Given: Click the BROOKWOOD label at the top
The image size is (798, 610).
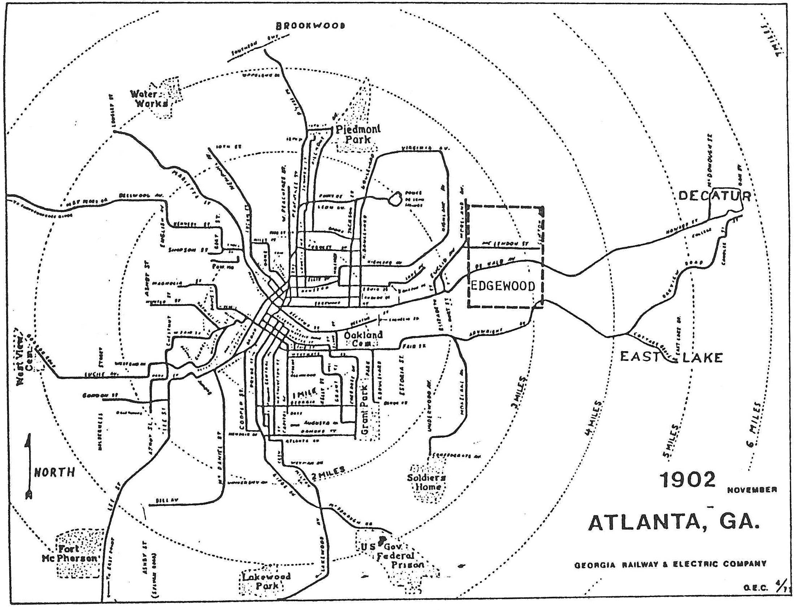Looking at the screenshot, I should (310, 26).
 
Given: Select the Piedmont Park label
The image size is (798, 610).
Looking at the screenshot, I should (358, 134).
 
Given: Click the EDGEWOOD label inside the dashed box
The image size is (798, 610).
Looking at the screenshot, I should (502, 286).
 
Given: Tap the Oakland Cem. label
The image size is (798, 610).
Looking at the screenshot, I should (363, 339).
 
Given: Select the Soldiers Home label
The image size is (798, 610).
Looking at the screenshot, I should (426, 482).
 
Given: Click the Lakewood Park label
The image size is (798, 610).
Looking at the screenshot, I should (267, 581).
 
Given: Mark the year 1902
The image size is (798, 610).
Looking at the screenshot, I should (688, 480).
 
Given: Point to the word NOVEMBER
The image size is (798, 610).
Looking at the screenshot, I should (752, 490).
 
